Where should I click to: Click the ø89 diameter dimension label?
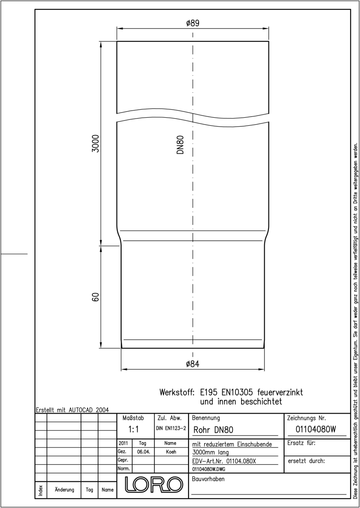[x=193, y=23]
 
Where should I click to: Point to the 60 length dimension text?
[x=96, y=297]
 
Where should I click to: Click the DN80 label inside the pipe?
[x=180, y=145]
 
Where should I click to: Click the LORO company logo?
[x=154, y=485]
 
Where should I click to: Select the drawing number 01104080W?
[x=316, y=429]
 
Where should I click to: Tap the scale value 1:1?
[x=133, y=429]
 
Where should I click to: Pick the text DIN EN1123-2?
[x=171, y=428]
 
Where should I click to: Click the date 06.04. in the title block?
[x=144, y=452]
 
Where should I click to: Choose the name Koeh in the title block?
[x=171, y=452]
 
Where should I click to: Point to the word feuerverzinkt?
[x=280, y=392]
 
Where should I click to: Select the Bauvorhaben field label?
[x=208, y=479]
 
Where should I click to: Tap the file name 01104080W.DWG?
[x=209, y=469]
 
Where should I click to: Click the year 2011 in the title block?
[x=123, y=443]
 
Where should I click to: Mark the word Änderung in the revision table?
[x=64, y=489]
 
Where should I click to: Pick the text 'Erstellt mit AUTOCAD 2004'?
[x=72, y=410]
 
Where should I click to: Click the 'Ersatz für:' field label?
[x=301, y=443]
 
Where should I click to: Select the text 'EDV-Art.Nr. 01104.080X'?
[x=224, y=461]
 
